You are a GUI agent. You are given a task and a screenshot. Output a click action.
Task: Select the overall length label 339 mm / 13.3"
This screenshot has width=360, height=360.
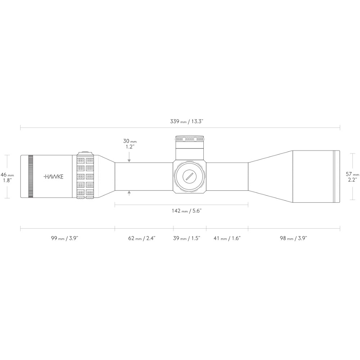(x=187, y=121)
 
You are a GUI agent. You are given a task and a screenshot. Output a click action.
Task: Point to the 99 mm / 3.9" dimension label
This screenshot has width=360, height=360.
(x=65, y=238)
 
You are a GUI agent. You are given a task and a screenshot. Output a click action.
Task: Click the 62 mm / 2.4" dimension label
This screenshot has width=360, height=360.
(x=142, y=238)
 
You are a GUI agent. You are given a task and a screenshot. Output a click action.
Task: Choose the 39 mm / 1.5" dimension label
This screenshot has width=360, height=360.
(x=186, y=238)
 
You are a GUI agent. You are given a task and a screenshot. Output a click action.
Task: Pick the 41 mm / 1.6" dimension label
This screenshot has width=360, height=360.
(x=227, y=238)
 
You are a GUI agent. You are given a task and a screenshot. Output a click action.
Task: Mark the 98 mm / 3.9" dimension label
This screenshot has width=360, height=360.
(x=293, y=238)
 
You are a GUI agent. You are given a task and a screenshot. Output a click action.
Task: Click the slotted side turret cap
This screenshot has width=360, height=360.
(x=189, y=176)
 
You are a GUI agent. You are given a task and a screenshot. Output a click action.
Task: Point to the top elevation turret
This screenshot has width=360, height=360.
(x=190, y=143)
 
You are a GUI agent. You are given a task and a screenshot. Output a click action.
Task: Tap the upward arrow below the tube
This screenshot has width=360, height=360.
(x=129, y=194)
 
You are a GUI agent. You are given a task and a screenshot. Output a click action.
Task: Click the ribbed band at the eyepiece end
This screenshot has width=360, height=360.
(x=31, y=176)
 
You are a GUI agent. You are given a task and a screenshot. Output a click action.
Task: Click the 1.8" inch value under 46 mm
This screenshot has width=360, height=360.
(x=7, y=180)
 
